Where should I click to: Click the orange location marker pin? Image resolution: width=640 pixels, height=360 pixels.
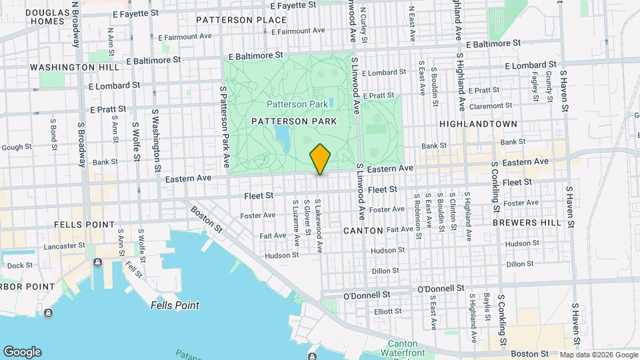(320, 159)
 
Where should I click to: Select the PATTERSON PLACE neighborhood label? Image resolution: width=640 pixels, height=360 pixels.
(232, 20)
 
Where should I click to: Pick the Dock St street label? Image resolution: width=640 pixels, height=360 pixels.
(20, 265)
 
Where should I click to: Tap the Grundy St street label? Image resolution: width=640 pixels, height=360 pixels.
(549, 87)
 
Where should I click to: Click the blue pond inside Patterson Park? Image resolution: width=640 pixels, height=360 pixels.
(283, 137)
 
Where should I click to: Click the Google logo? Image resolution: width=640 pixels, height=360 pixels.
(22, 352)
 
